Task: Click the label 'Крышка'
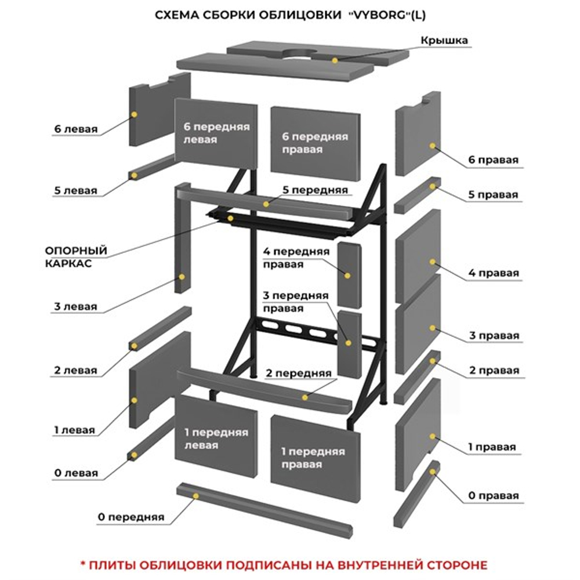[444, 40]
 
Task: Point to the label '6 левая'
[76, 129]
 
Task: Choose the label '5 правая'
[492, 195]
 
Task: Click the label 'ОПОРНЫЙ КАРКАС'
[76, 256]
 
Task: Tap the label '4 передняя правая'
[296, 258]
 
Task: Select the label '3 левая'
[75, 306]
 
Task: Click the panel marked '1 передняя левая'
[216, 438]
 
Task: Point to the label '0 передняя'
[131, 517]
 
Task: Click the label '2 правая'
[493, 370]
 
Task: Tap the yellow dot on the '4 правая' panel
[432, 262]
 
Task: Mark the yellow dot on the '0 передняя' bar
[196, 496]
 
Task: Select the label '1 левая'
[74, 430]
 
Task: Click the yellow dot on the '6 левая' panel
[134, 114]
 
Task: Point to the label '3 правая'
[493, 336]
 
